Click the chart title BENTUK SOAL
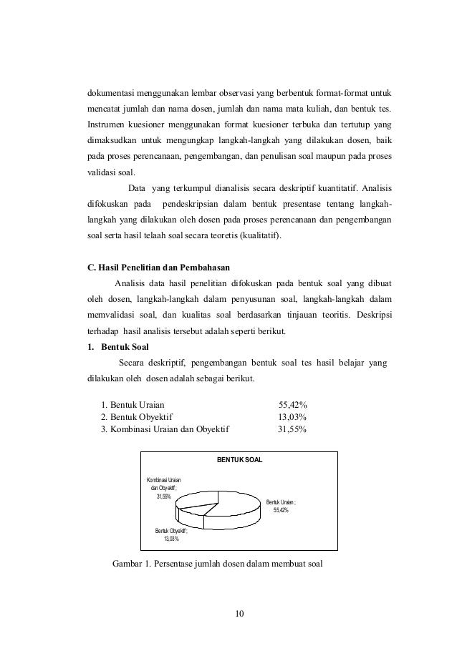coord(240,459)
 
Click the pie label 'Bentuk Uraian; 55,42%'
coord(280,506)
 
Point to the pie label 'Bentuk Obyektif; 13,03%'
coord(171,534)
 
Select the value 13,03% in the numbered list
coord(292,416)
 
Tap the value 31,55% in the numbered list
coord(292,429)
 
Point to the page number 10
coord(240,613)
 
